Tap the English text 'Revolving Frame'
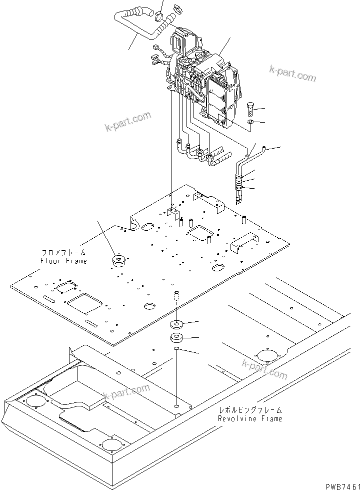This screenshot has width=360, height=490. click(250, 418)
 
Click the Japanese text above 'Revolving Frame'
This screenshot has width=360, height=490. click(250, 410)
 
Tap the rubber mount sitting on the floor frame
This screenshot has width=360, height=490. click(119, 261)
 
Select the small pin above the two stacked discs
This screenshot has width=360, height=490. click(176, 296)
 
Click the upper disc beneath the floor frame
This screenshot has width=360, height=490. click(177, 323)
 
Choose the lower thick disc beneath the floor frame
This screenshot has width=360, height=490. click(177, 337)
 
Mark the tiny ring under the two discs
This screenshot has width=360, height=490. click(177, 348)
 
